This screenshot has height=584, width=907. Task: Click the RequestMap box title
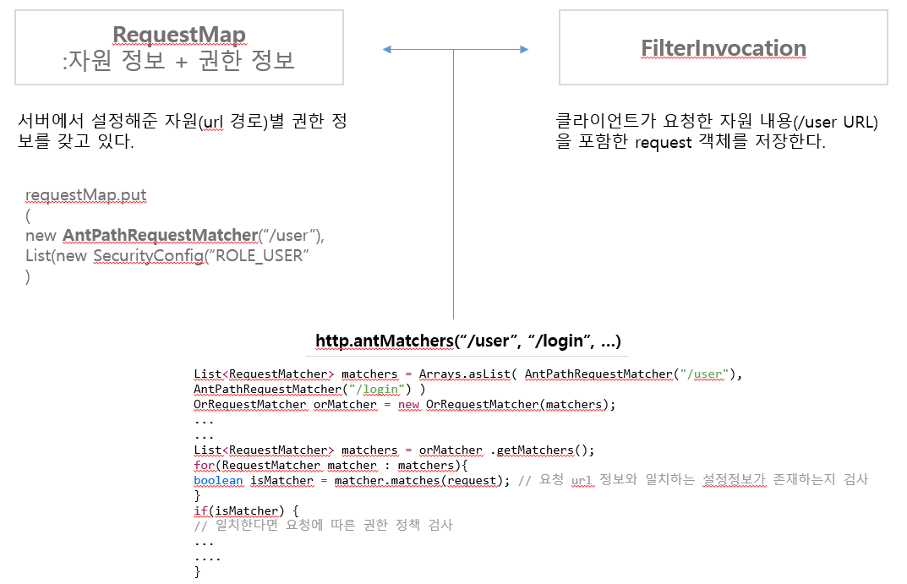click(178, 35)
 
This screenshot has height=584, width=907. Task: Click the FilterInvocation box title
click(723, 47)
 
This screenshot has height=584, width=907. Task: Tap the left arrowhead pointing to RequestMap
click(386, 50)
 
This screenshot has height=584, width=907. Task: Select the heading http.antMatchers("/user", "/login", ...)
click(468, 341)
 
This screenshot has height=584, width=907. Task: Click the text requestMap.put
click(85, 195)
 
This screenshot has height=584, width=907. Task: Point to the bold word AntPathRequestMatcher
click(159, 235)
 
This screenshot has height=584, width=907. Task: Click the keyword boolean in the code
click(218, 480)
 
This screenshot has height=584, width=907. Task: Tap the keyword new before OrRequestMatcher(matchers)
click(409, 404)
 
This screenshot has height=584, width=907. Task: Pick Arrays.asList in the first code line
click(473, 374)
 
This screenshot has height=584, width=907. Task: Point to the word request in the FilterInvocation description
click(664, 143)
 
